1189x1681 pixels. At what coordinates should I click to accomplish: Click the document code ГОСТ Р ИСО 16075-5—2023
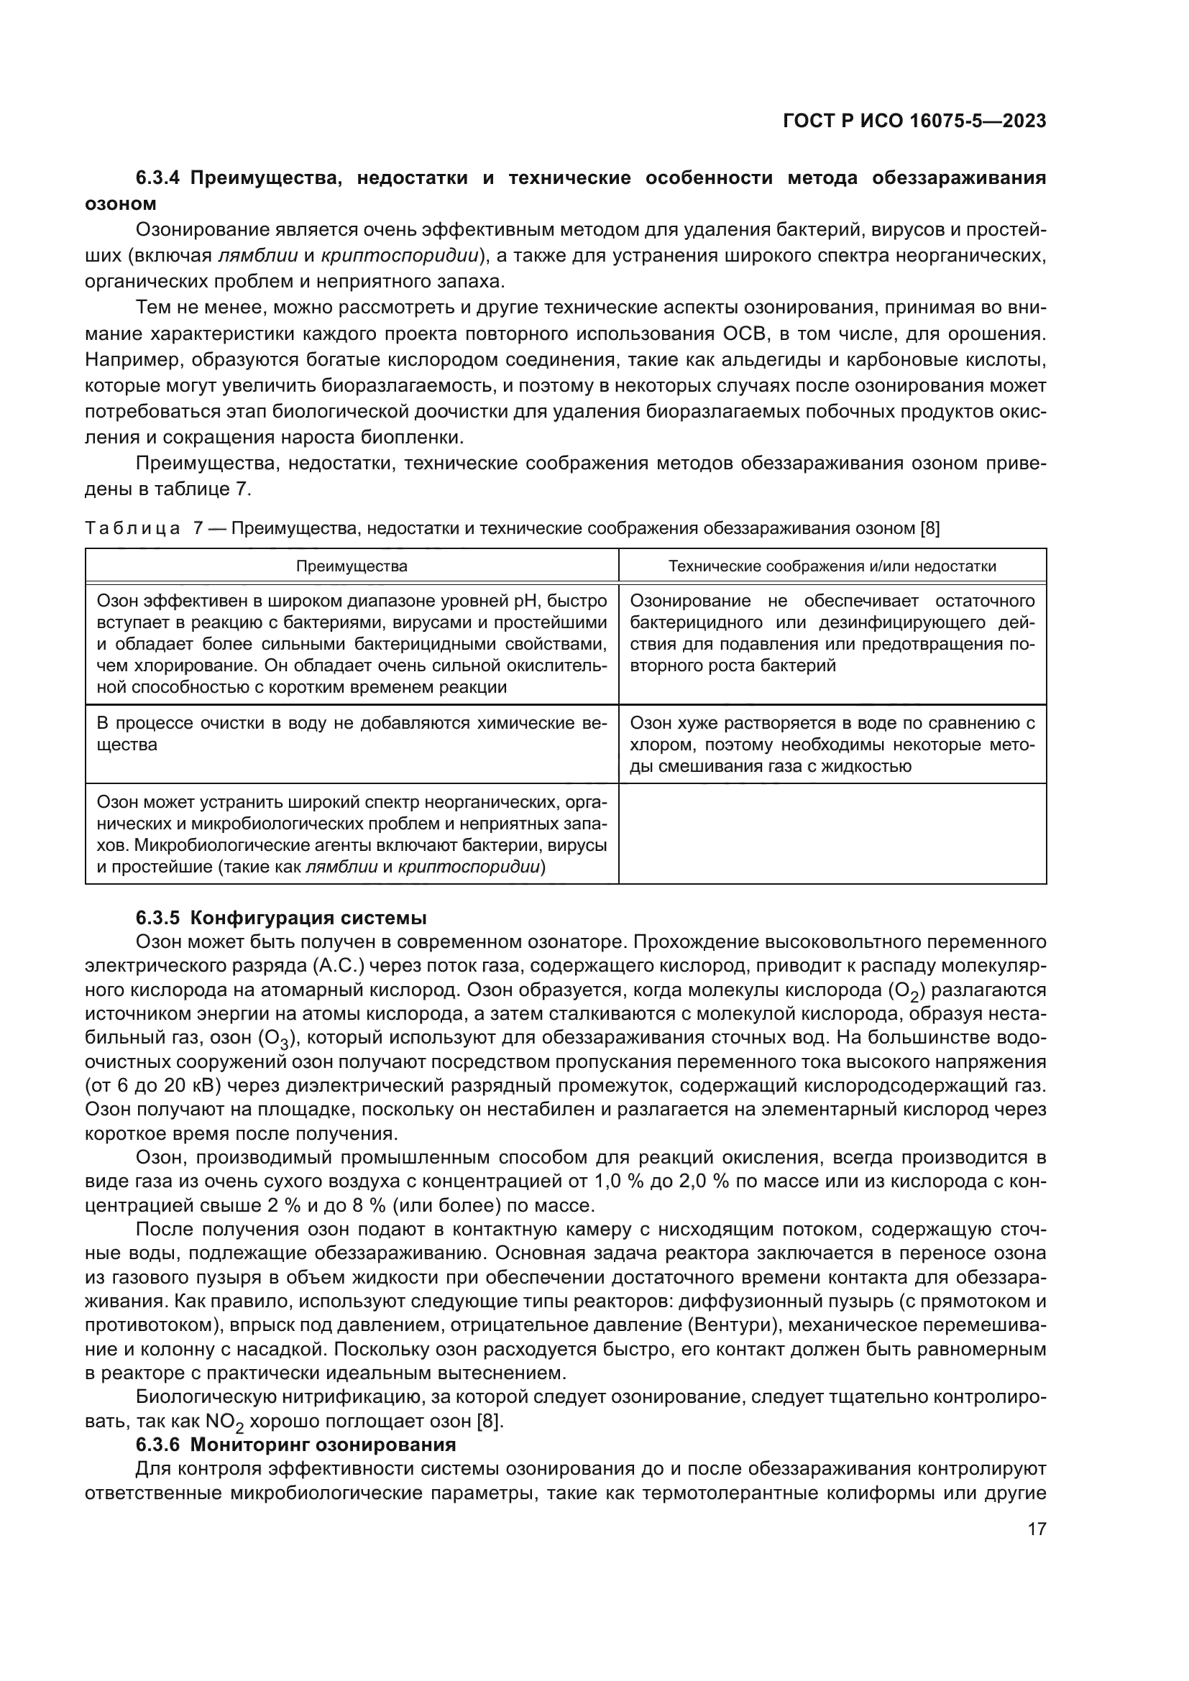[914, 121]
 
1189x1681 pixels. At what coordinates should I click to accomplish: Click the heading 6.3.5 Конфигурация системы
[281, 917]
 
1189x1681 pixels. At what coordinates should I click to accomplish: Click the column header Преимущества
[352, 566]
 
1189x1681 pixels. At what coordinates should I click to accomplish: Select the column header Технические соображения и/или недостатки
[832, 566]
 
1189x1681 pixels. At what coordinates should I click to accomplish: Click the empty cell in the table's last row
[832, 833]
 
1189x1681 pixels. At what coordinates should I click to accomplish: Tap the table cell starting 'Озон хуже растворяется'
[832, 745]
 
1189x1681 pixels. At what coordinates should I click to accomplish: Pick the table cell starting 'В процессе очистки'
[352, 734]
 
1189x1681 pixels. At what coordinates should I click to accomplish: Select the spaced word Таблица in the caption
[132, 529]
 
